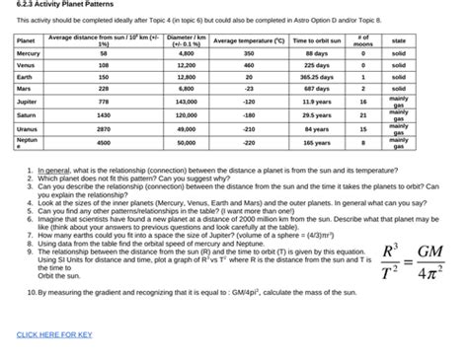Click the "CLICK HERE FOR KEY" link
(x=54, y=334)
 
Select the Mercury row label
(x=28, y=52)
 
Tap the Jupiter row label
(x=28, y=101)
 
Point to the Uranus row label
(x=28, y=128)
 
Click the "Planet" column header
(x=26, y=39)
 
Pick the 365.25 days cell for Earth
(x=316, y=76)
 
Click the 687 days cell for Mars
(x=316, y=88)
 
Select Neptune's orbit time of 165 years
(x=316, y=143)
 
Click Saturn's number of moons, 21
(x=362, y=114)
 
